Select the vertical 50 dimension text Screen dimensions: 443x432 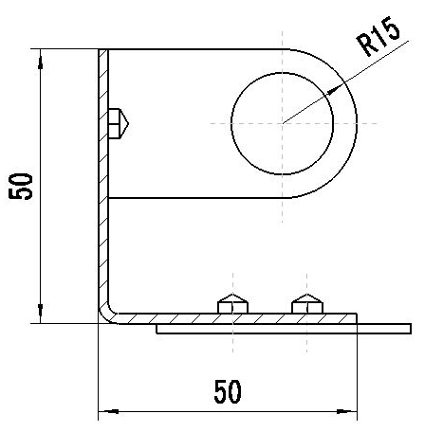click(21, 187)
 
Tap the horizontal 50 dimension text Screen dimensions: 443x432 click(228, 392)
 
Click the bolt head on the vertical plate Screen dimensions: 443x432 click(119, 123)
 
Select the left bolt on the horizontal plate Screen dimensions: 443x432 click(233, 304)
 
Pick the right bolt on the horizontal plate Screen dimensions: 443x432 click(307, 304)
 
